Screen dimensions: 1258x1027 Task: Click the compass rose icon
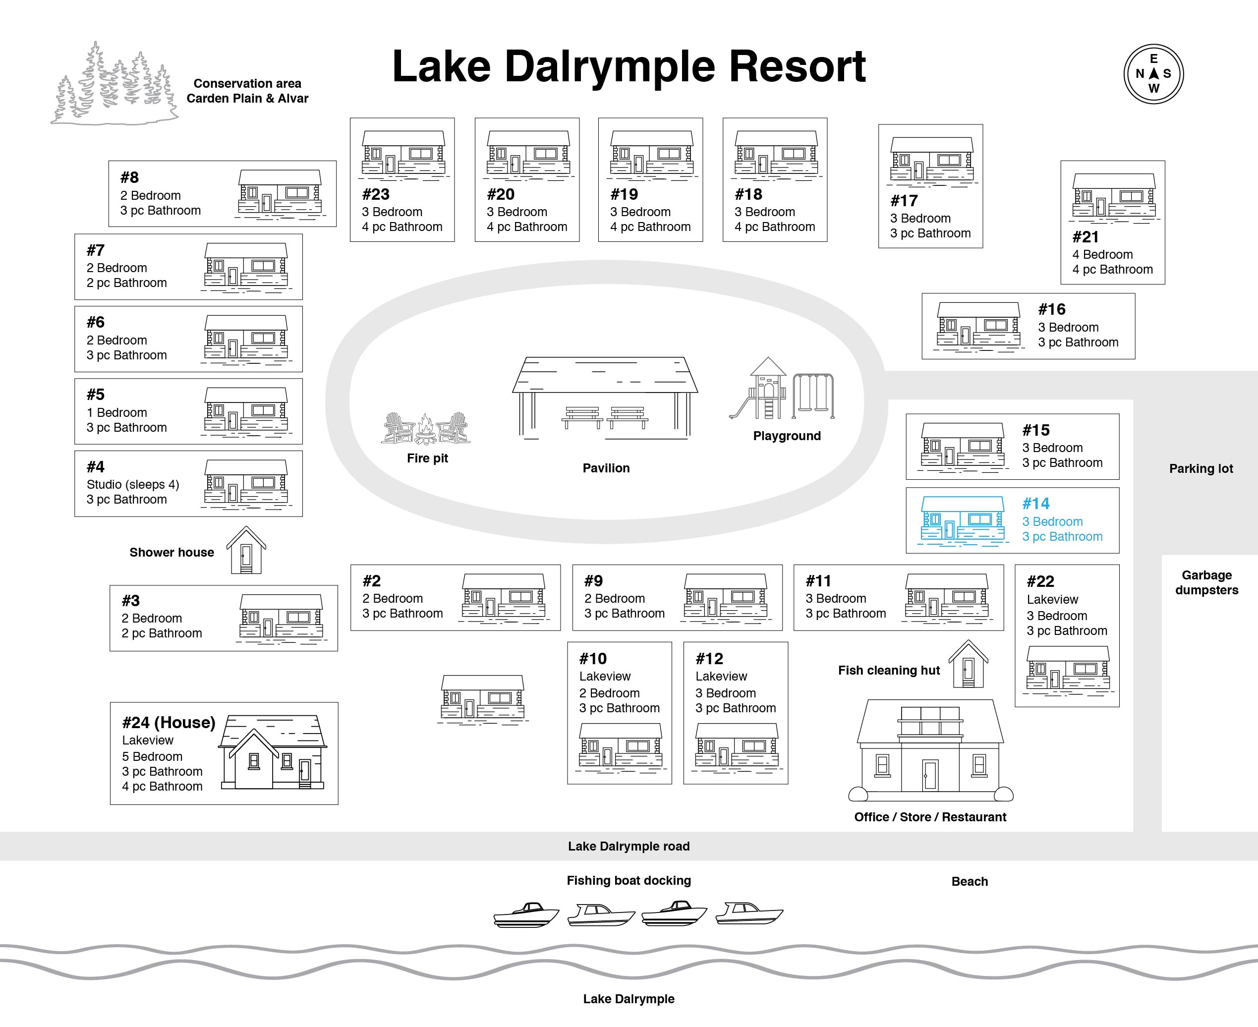coord(1153,74)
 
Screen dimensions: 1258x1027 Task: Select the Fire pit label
coord(427,458)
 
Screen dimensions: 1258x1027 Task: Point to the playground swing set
coord(813,395)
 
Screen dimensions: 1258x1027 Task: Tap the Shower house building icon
coord(246,550)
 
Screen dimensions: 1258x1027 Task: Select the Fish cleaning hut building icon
coord(968,664)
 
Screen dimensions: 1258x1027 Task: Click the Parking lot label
coord(1201,468)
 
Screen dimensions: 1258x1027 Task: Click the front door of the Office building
coord(930,775)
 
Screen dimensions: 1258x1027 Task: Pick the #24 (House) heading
coord(169,722)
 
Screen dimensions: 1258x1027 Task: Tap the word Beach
coord(970,881)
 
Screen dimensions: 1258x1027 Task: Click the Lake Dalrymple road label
coord(629,846)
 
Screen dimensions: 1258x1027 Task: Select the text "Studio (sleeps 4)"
coord(132,485)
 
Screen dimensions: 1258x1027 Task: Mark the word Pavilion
coord(606,468)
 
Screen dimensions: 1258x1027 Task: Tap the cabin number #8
coord(129,177)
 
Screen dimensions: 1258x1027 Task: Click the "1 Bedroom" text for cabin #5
coord(116,412)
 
